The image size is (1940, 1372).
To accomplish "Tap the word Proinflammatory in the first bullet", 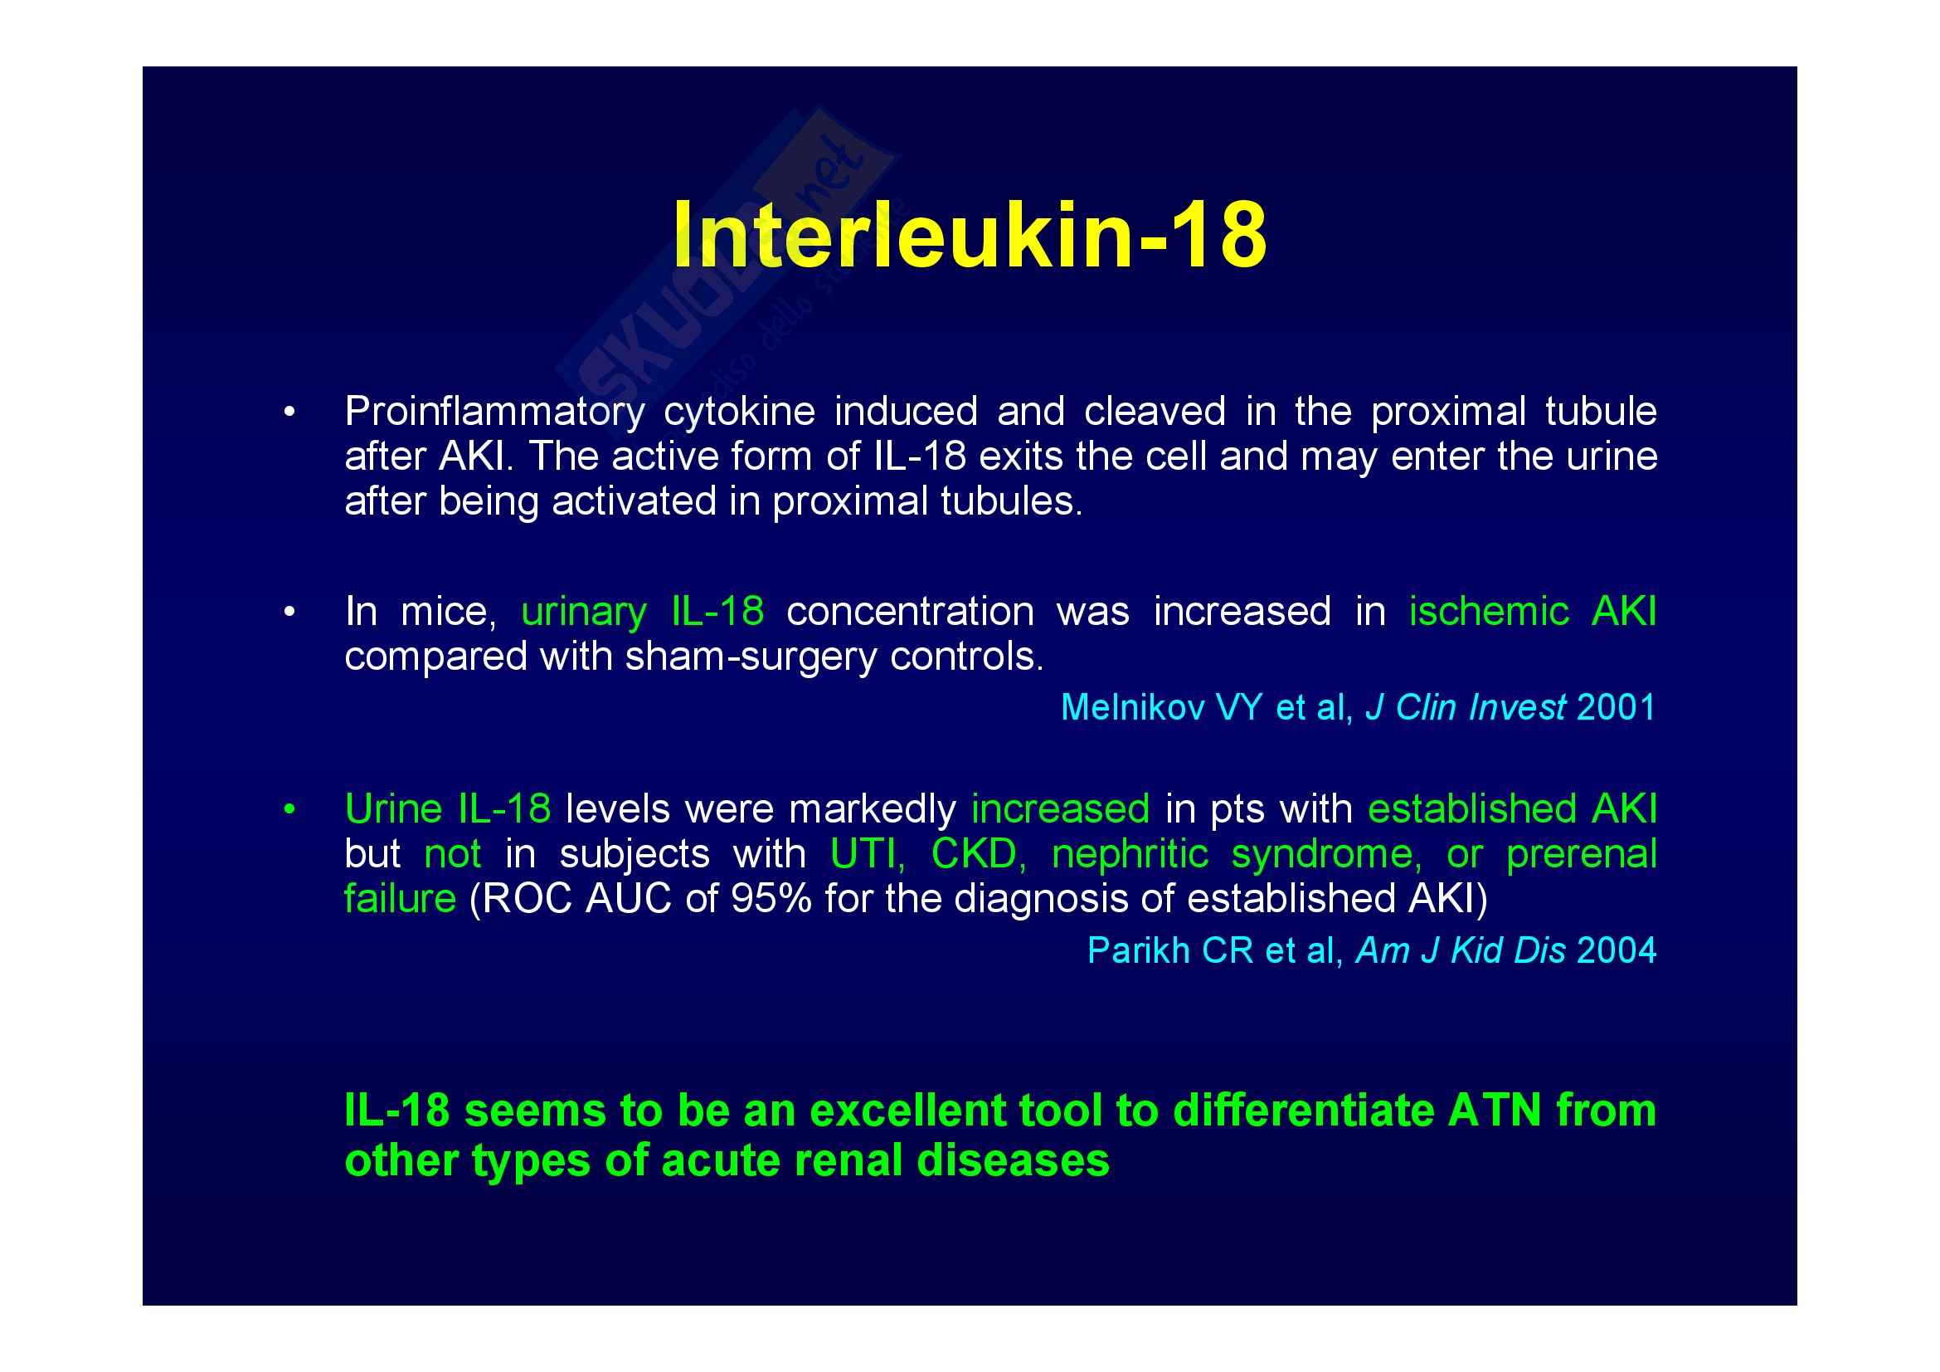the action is tap(494, 413).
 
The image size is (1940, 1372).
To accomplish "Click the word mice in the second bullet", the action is tap(448, 611).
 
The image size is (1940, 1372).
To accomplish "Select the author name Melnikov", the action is tap(1132, 706).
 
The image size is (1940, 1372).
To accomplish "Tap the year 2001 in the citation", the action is tap(1616, 706).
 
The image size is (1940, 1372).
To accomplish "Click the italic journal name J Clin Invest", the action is tap(1465, 706).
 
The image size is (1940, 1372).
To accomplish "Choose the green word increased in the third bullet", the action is tap(1061, 809).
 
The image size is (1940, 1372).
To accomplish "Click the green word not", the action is tap(453, 854).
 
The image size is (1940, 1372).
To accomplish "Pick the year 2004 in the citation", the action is tap(1617, 950).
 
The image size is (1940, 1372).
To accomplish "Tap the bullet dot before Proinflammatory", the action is tap(289, 413).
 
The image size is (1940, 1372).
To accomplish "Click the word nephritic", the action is tap(1130, 854).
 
